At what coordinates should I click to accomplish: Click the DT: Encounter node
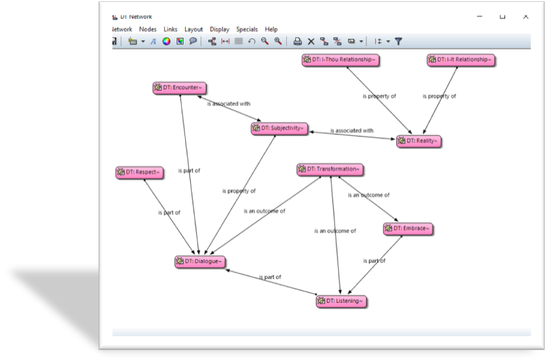pyautogui.click(x=179, y=88)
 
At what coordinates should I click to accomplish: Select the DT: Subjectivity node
pyautogui.click(x=279, y=128)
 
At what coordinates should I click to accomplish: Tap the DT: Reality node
pyautogui.click(x=419, y=141)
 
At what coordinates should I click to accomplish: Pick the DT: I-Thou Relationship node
pyautogui.click(x=341, y=60)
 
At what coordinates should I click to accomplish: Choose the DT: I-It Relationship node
pyautogui.click(x=461, y=60)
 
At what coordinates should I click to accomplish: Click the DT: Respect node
pyautogui.click(x=140, y=173)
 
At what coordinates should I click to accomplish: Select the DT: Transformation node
pyautogui.click(x=330, y=170)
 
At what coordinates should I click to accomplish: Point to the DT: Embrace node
pyautogui.click(x=408, y=229)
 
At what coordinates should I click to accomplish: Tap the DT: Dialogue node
pyautogui.click(x=200, y=261)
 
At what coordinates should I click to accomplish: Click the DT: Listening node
pyautogui.click(x=341, y=301)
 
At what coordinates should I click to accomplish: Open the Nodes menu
pyautogui.click(x=147, y=29)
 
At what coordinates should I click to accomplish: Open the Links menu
pyautogui.click(x=170, y=29)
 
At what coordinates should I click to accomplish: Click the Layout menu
pyautogui.click(x=193, y=30)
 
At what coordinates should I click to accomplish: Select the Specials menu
pyautogui.click(x=247, y=30)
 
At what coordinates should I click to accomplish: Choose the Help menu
pyautogui.click(x=271, y=30)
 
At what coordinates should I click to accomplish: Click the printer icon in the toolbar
pyautogui.click(x=297, y=42)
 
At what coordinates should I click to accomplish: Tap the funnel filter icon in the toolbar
pyautogui.click(x=399, y=42)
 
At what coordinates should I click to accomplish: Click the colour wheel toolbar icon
pyautogui.click(x=166, y=42)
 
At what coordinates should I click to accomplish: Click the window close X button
pyautogui.click(x=525, y=16)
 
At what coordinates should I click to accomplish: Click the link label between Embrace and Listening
pyautogui.click(x=375, y=261)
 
